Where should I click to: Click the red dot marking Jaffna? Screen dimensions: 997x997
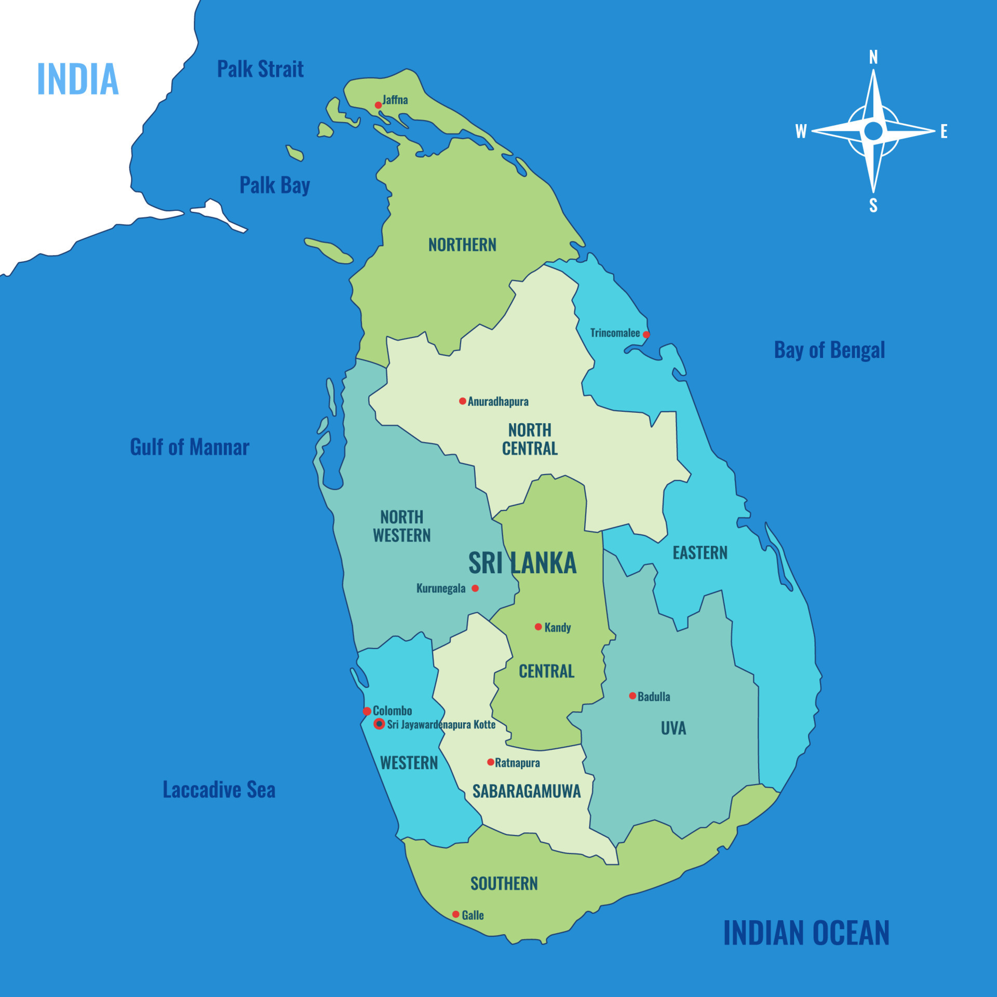(378, 105)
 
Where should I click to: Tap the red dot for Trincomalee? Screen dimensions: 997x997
(646, 334)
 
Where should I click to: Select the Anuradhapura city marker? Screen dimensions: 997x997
(462, 401)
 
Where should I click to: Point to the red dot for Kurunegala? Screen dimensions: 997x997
(475, 588)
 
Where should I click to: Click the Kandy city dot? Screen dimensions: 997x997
(538, 627)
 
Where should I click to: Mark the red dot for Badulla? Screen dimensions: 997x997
(632, 696)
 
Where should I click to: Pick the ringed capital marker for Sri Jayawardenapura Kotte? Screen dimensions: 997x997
(379, 724)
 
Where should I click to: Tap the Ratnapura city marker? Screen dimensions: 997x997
(490, 762)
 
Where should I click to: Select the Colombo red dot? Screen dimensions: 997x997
(367, 711)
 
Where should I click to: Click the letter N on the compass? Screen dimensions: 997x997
(873, 57)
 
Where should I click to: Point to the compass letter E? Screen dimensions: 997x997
(944, 131)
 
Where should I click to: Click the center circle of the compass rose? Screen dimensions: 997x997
(873, 131)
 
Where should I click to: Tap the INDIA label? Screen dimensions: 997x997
(78, 79)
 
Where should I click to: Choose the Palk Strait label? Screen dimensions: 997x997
(260, 69)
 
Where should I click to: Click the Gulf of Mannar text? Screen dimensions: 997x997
(190, 447)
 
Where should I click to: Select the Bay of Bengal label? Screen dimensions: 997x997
(829, 350)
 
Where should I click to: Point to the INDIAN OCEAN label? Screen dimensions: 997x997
(806, 933)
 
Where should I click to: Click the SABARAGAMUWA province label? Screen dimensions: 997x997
(527, 791)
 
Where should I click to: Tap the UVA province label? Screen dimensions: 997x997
(673, 728)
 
